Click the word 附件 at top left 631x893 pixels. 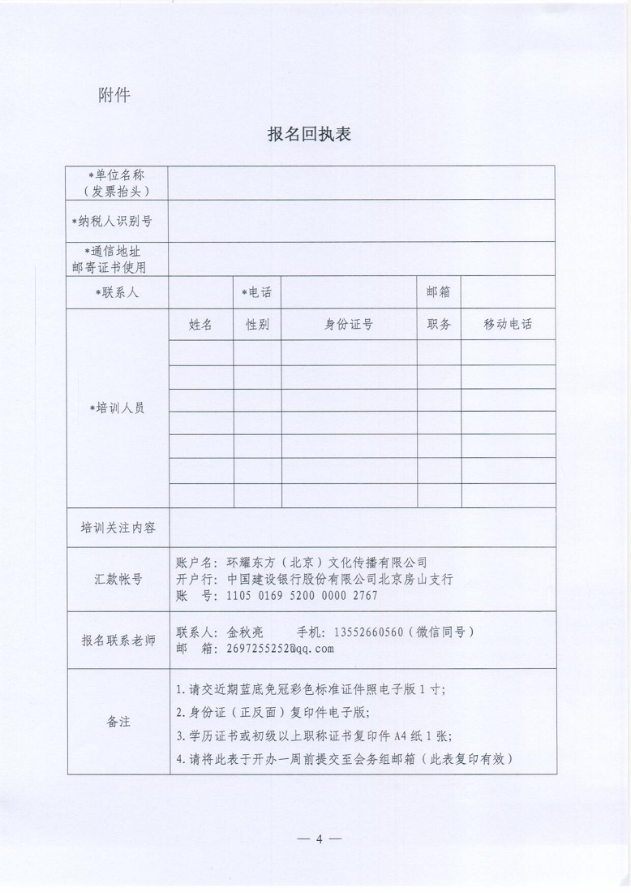coord(114,95)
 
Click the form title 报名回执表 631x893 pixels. coord(309,135)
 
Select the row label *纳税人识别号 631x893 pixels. coord(118,220)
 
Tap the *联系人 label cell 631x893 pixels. coord(118,292)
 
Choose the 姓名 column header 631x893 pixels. coord(200,324)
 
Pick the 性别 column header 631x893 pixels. coord(257,324)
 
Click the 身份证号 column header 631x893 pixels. coord(349,324)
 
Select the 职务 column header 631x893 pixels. coord(439,324)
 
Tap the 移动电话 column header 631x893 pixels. coord(508,324)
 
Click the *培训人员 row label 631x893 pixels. coord(118,408)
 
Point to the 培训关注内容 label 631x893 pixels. coord(118,528)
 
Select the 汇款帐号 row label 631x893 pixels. coord(118,579)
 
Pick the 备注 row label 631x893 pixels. coord(118,721)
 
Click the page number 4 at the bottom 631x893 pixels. coord(320,839)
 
